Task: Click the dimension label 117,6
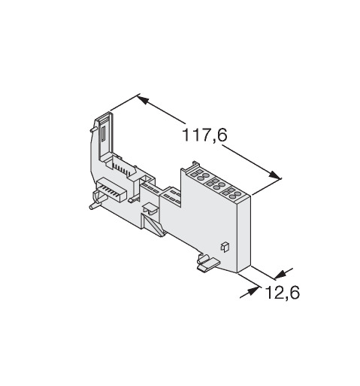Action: (205, 135)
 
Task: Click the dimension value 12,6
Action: (282, 292)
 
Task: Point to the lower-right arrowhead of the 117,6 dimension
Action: (274, 175)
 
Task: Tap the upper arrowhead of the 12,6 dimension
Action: (280, 275)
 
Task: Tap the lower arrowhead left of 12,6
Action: (253, 291)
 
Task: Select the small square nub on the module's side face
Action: (225, 247)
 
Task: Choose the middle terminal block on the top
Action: (216, 184)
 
